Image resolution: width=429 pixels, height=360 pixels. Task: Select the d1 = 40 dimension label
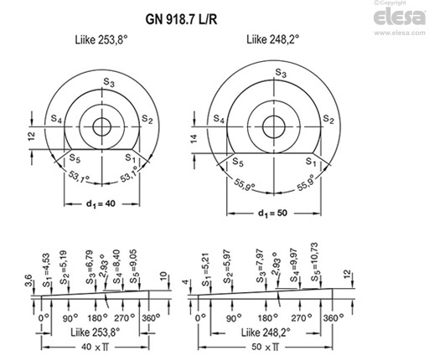101,203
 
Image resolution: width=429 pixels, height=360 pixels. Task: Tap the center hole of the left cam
104,128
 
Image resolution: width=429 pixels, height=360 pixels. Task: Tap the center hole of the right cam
272,127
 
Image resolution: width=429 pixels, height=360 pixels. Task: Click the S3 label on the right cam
282,75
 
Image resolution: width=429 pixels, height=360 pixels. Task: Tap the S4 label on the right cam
220,120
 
